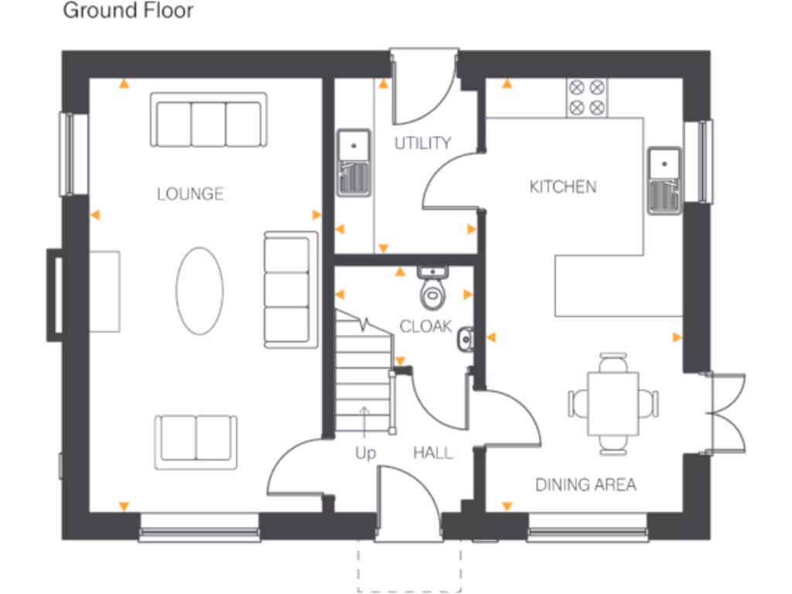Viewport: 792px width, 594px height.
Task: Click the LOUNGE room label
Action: pyautogui.click(x=189, y=193)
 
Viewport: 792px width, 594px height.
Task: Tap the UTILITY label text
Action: pyautogui.click(x=422, y=143)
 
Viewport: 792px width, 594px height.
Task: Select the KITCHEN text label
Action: pyautogui.click(x=562, y=186)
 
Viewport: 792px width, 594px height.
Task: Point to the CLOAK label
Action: pyautogui.click(x=425, y=326)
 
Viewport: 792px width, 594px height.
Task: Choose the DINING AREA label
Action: pyautogui.click(x=585, y=485)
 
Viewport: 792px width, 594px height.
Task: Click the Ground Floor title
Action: pyautogui.click(x=128, y=11)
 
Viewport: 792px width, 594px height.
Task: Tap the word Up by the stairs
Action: pyautogui.click(x=365, y=453)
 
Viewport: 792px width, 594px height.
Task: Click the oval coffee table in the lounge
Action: pyautogui.click(x=200, y=291)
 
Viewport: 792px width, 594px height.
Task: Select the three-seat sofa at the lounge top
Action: pyautogui.click(x=208, y=120)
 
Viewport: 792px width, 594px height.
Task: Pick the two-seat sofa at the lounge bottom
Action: pyautogui.click(x=196, y=442)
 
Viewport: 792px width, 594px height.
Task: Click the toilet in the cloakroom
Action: pyautogui.click(x=432, y=290)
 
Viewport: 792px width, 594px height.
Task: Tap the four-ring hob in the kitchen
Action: pyautogui.click(x=588, y=97)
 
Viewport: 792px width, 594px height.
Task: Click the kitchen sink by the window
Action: pyautogui.click(x=664, y=179)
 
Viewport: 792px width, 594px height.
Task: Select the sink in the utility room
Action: pyautogui.click(x=354, y=162)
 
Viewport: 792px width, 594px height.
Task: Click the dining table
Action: pyautogui.click(x=613, y=403)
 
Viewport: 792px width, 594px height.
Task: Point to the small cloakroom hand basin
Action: pyautogui.click(x=464, y=337)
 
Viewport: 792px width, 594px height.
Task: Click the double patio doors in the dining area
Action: pyautogui.click(x=725, y=412)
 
